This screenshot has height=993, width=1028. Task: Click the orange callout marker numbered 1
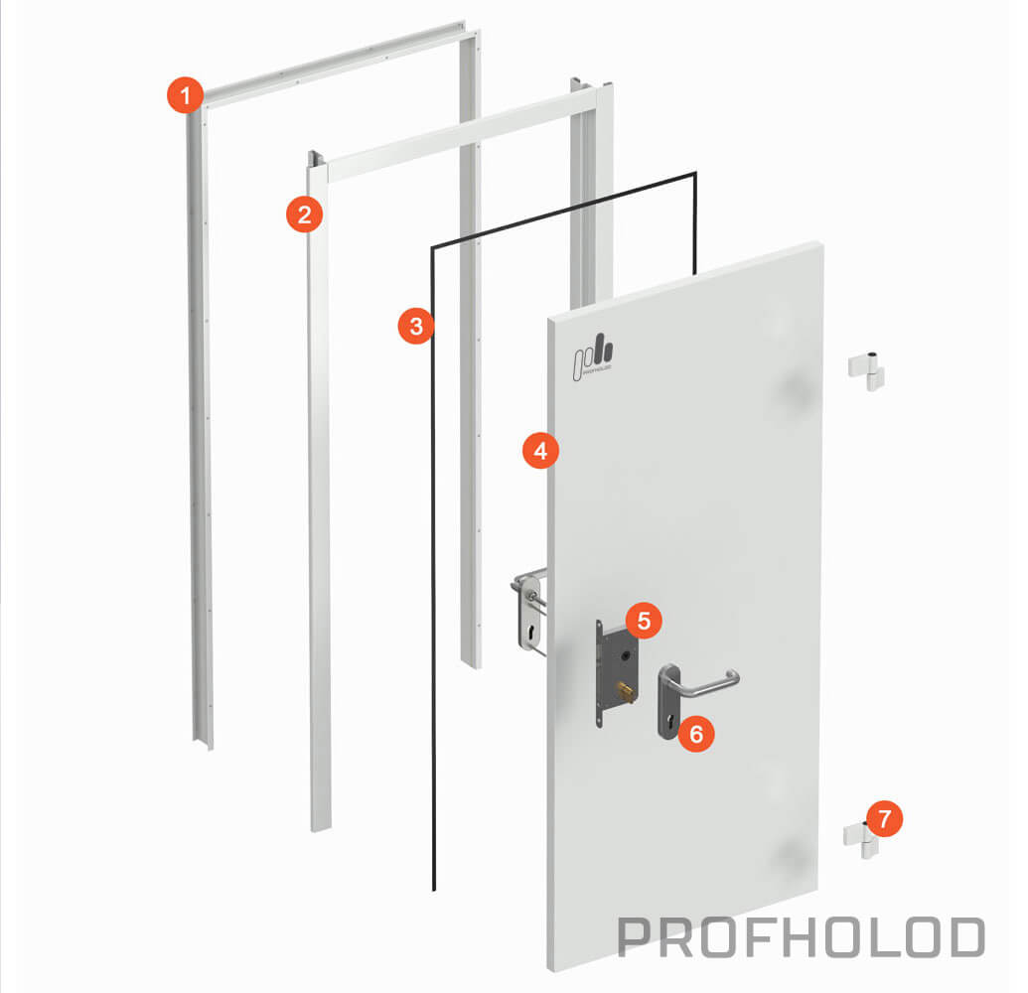pos(185,95)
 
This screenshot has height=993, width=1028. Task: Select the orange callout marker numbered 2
pos(304,214)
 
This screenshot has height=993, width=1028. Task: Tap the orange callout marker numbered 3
pos(416,326)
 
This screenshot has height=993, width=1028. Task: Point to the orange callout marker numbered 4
pos(541,450)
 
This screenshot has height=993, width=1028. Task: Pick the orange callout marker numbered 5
pos(644,620)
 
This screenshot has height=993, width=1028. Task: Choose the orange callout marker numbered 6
pos(696,734)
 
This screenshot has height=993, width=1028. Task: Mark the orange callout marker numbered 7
pos(884,818)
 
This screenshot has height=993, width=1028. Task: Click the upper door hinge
pos(867,372)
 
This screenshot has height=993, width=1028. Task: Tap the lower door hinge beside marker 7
pos(860,839)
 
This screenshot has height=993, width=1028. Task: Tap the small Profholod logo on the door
pos(593,356)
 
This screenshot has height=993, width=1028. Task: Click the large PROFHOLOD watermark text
pos(802,937)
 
